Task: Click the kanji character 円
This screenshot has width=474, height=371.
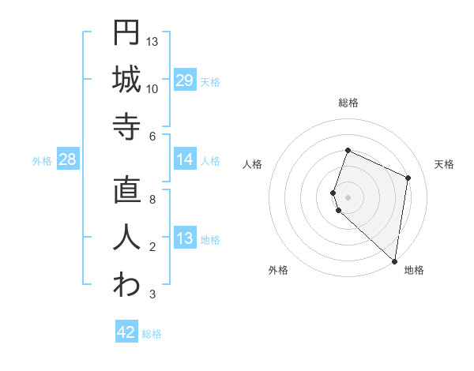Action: tap(126, 33)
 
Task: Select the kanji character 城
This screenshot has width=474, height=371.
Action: tap(126, 80)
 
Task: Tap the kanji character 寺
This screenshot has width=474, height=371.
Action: tap(126, 126)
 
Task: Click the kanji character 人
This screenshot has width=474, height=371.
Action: tap(126, 238)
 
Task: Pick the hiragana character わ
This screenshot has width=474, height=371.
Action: tap(126, 285)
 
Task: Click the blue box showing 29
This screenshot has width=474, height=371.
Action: tap(185, 81)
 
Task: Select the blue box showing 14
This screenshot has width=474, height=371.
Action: tap(185, 160)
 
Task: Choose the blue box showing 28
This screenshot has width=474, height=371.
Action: tap(68, 160)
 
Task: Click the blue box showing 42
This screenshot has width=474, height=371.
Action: tap(126, 332)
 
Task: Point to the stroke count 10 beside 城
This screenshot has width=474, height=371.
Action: tap(152, 89)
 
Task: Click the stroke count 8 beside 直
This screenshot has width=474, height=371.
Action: tap(152, 200)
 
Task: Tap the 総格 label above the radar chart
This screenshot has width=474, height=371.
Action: tap(348, 103)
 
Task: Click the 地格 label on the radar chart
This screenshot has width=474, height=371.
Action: tap(414, 271)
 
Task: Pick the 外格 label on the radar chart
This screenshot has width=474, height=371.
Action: tap(278, 271)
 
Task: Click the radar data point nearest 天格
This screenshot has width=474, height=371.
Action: tap(408, 178)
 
